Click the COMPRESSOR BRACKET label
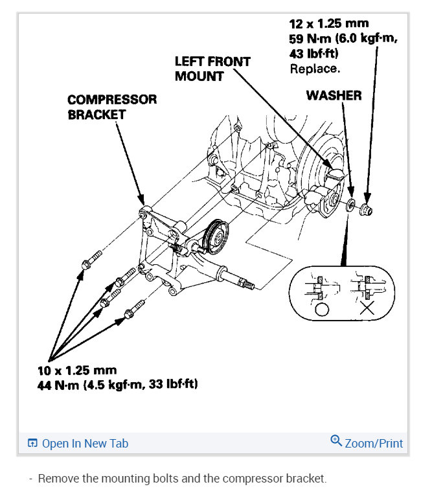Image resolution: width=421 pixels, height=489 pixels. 112,107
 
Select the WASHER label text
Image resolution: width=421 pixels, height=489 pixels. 334,95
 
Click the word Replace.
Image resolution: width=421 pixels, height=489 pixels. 314,67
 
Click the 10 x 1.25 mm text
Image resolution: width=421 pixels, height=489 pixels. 77,370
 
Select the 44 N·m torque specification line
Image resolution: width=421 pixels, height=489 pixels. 117,385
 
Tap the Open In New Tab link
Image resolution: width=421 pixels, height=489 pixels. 85,444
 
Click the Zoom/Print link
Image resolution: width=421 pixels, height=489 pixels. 374,444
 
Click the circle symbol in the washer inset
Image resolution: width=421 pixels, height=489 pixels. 321,308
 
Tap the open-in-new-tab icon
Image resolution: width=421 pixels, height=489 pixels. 32,444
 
